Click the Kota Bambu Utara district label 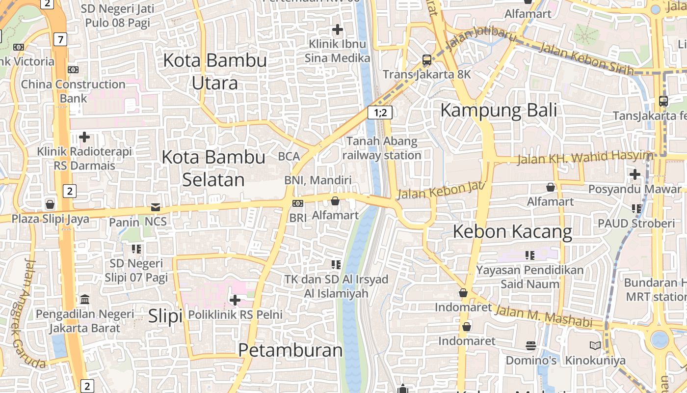[215, 72]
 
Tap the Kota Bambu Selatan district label [213, 168]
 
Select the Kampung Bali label [499, 110]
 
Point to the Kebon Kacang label [512, 231]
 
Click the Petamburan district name [291, 350]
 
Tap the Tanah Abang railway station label [382, 148]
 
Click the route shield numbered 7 [60, 40]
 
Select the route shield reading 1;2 [380, 113]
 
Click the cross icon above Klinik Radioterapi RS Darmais [84, 137]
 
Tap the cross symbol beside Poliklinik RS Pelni [235, 299]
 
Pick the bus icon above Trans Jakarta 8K [426, 60]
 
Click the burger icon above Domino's [530, 346]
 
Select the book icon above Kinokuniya [595, 346]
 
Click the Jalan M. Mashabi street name [543, 316]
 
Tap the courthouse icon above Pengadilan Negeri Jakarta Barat [84, 299]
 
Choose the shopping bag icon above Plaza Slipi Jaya [50, 204]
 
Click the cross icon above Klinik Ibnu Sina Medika [337, 29]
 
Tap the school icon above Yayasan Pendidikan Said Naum [530, 255]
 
